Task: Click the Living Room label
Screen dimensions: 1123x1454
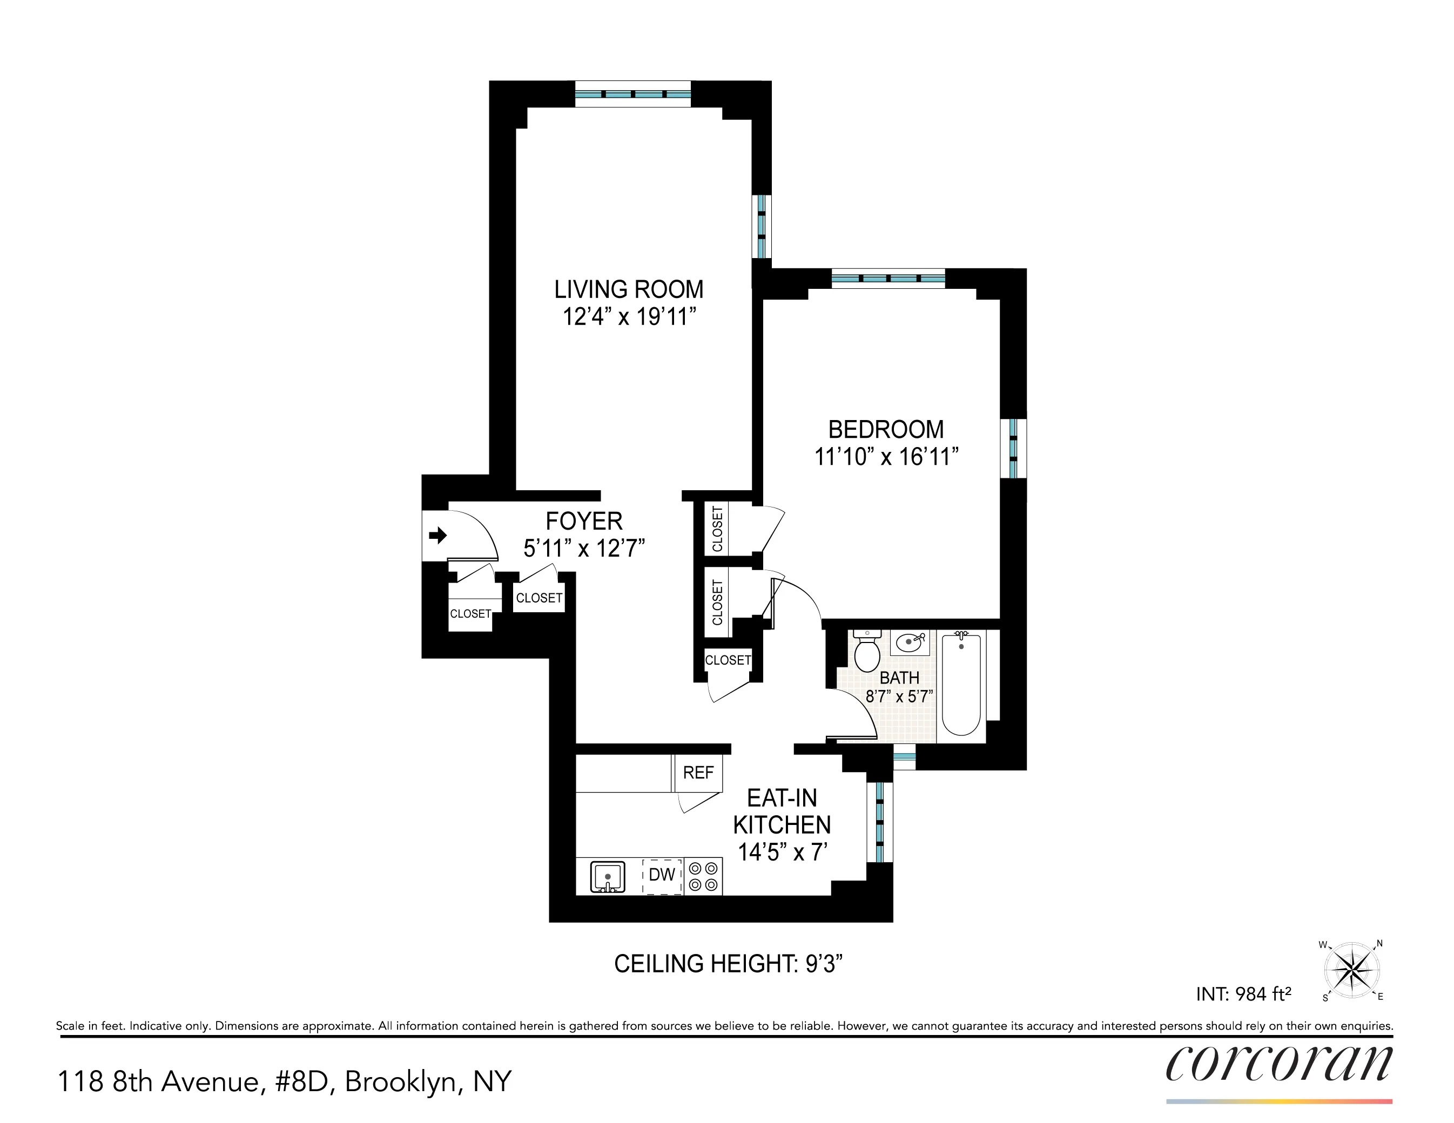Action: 629,289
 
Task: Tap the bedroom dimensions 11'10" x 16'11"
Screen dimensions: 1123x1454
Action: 886,457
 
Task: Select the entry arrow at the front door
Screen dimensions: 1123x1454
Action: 437,535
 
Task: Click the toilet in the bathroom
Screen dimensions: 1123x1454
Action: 867,652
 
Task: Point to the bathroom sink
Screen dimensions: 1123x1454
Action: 910,642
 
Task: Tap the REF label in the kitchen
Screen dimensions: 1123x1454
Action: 698,773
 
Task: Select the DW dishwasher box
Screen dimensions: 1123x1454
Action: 662,875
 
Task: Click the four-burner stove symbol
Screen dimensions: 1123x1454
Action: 703,876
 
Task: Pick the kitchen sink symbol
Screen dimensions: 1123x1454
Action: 607,876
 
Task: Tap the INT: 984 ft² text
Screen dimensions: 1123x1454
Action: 1243,994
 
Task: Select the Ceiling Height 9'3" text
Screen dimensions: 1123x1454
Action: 728,963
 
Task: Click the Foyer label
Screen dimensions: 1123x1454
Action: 584,520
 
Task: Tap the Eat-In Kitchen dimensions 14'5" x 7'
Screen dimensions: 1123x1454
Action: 782,852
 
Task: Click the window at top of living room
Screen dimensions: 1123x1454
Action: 632,94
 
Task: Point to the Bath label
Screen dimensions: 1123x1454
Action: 899,678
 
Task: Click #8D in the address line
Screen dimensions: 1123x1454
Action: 301,1082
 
